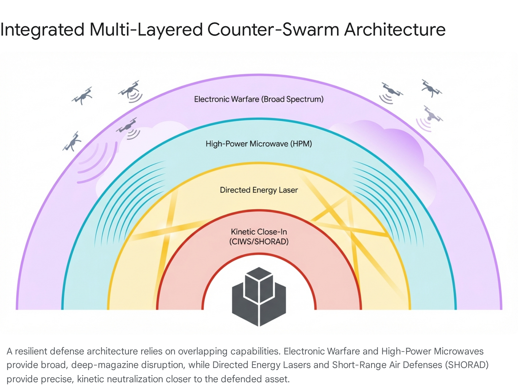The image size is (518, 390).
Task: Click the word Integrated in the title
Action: click(x=42, y=30)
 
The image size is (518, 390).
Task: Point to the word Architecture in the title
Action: click(x=395, y=30)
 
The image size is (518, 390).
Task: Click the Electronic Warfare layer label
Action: click(x=227, y=99)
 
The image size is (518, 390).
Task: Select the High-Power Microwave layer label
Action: click(x=247, y=144)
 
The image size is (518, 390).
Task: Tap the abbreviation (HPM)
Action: click(x=301, y=144)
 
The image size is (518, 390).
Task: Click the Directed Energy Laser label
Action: click(x=259, y=190)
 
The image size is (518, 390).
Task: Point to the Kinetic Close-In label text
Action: click(x=259, y=232)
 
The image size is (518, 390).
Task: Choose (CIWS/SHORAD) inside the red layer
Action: click(x=259, y=242)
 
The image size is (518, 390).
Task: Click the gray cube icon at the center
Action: click(x=259, y=296)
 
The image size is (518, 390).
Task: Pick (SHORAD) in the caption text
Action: click(x=467, y=365)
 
